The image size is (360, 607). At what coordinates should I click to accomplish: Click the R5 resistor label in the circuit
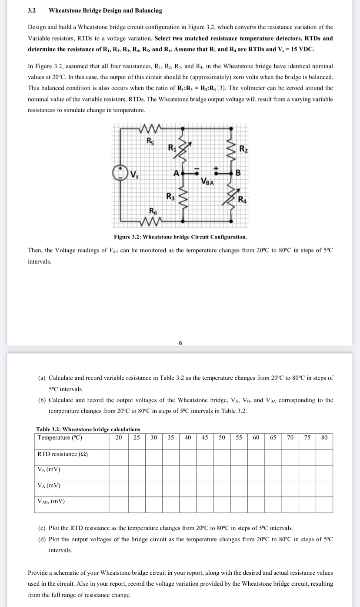149,141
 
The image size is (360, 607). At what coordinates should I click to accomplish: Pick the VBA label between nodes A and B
207,181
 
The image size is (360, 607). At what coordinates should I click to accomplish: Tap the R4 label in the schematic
244,201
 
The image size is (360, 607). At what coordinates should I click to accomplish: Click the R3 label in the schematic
171,196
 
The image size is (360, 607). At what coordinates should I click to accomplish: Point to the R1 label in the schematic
172,146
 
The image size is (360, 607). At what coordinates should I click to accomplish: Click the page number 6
180,342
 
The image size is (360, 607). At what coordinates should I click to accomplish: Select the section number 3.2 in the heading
32,10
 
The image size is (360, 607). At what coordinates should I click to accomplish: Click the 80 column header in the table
324,437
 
